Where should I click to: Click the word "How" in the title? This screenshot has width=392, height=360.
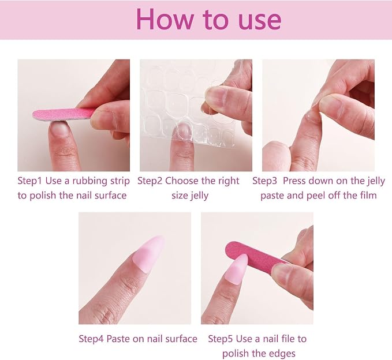pos(165,20)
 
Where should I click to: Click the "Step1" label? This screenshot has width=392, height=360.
pos(29,181)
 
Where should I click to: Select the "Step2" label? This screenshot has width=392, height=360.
pos(150,181)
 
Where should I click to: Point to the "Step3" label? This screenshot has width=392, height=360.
pos(264,181)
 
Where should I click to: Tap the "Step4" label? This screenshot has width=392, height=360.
pos(91,339)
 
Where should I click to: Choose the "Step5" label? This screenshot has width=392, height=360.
pos(221,339)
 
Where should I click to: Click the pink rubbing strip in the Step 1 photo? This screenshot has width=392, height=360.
pos(64,114)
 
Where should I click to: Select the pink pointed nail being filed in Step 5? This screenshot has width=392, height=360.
pos(234,270)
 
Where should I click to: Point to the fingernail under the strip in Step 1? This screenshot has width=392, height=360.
pos(60,127)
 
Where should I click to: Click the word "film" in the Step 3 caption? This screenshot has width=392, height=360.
pos(367,195)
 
